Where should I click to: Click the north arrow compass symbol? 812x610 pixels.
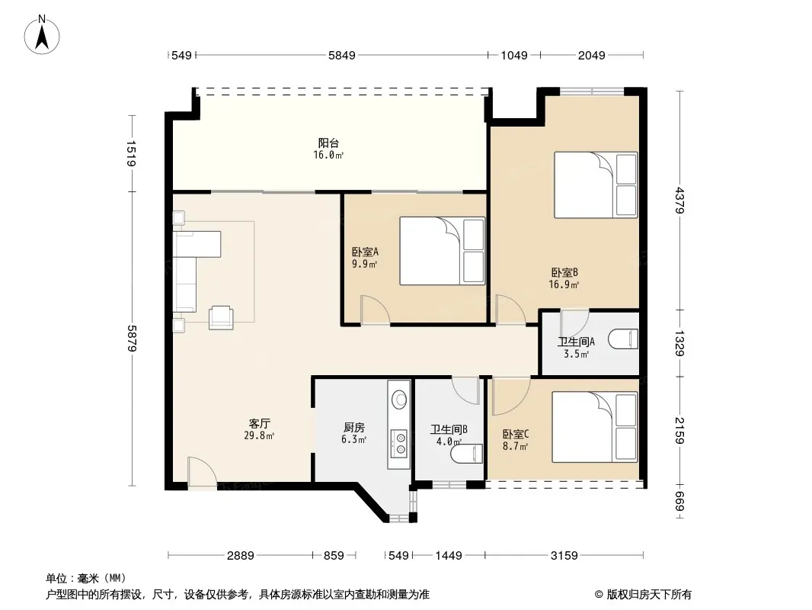[42, 35]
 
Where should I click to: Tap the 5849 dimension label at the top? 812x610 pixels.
[342, 55]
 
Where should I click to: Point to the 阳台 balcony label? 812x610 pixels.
[328, 143]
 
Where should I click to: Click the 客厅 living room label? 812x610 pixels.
[259, 424]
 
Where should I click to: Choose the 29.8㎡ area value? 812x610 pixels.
[259, 436]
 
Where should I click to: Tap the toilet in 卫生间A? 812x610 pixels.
[623, 340]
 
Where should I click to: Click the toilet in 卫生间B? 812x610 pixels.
[467, 454]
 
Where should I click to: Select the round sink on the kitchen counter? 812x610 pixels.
[399, 399]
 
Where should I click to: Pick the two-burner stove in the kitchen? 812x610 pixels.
[399, 443]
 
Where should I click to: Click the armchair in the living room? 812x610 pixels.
[221, 317]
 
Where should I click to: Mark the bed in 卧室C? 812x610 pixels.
[594, 427]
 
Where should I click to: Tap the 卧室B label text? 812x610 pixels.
[564, 273]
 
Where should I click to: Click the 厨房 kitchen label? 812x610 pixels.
[354, 428]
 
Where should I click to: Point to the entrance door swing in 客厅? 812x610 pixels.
[202, 473]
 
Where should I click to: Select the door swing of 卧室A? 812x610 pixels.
[375, 310]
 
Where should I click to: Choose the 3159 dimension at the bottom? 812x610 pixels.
[564, 556]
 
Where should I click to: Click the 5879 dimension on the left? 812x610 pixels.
[132, 339]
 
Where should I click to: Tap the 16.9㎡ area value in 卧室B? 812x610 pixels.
[564, 284]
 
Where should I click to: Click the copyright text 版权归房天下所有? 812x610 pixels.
[649, 595]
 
